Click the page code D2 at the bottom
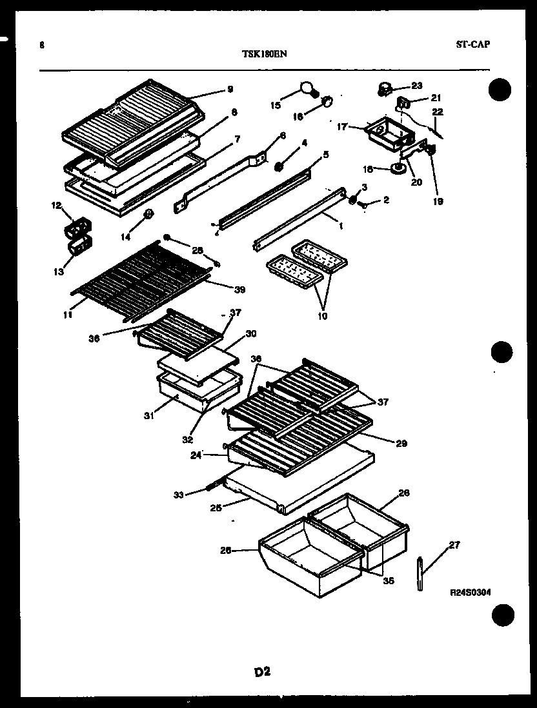(261, 671)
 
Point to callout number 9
(230, 90)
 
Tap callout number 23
(416, 85)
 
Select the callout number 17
(342, 127)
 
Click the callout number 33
(179, 495)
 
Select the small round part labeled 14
(148, 214)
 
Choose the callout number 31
(149, 415)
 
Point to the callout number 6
(283, 135)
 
